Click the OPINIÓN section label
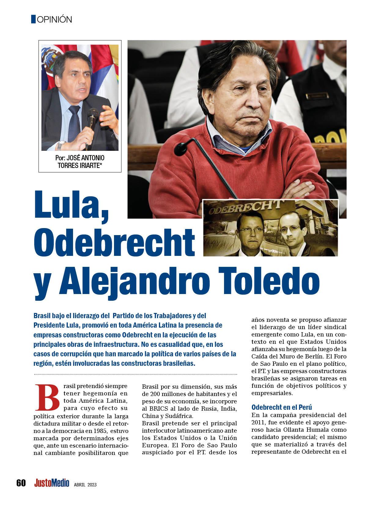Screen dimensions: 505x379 click(x=54, y=20)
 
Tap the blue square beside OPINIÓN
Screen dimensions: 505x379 click(x=33, y=19)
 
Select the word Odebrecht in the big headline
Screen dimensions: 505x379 click(x=114, y=241)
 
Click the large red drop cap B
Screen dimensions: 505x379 click(x=47, y=398)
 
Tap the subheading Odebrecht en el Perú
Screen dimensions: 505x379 click(x=281, y=407)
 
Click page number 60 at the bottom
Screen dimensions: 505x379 click(x=21, y=483)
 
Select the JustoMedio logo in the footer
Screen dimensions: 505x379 click(x=52, y=483)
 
